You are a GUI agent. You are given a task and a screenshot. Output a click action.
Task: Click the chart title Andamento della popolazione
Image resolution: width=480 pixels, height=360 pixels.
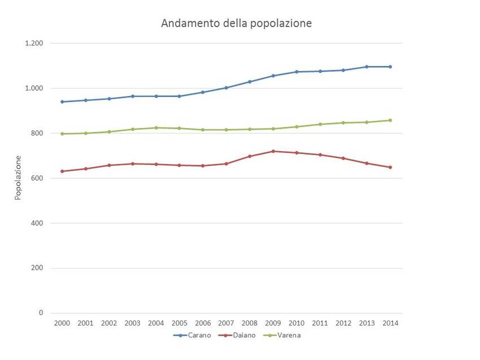(x=236, y=23)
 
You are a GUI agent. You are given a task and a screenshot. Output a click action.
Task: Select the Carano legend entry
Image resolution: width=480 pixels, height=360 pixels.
(x=191, y=335)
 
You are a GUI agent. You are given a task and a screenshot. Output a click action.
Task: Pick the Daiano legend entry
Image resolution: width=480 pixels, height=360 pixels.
(x=239, y=335)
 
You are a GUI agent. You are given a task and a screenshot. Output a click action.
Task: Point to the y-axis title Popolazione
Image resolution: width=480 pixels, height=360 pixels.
(x=18, y=177)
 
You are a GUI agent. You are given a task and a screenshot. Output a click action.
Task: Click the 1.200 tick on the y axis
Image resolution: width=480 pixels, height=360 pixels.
(x=34, y=43)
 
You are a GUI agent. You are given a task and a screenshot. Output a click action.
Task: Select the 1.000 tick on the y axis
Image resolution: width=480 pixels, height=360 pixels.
(x=34, y=89)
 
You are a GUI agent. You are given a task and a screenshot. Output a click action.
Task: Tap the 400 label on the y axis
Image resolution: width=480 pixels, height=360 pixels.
(x=37, y=223)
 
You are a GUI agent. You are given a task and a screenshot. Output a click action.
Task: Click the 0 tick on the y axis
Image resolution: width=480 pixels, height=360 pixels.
(x=41, y=313)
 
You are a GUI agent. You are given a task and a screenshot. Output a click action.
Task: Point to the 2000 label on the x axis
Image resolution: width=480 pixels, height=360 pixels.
(x=62, y=323)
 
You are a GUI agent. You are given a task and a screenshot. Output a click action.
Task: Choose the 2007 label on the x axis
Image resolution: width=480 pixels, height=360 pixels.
(x=226, y=323)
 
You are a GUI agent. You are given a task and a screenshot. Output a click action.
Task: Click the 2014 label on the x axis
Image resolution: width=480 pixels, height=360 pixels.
(x=390, y=323)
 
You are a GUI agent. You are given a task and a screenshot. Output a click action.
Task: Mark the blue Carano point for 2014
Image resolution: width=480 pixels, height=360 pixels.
(x=390, y=67)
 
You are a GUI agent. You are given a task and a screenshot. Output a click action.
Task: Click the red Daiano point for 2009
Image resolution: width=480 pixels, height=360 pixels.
(x=273, y=151)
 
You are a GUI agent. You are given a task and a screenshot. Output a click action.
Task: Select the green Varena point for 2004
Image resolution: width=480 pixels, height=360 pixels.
(x=156, y=128)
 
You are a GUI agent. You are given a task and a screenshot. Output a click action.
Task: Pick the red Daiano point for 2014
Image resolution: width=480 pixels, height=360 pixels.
(x=390, y=167)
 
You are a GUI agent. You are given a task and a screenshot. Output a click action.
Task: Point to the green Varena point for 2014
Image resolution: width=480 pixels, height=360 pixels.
(x=390, y=120)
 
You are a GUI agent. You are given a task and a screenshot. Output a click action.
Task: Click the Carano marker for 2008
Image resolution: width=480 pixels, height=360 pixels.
(x=250, y=82)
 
